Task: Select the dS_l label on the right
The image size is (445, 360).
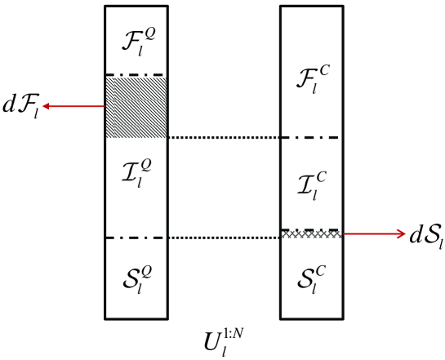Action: click(426, 236)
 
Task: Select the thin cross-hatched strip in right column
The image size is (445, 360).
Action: click(311, 233)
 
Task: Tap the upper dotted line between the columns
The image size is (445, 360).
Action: click(224, 137)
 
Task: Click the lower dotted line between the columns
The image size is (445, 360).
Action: click(224, 238)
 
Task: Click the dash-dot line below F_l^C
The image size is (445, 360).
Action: click(311, 137)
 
